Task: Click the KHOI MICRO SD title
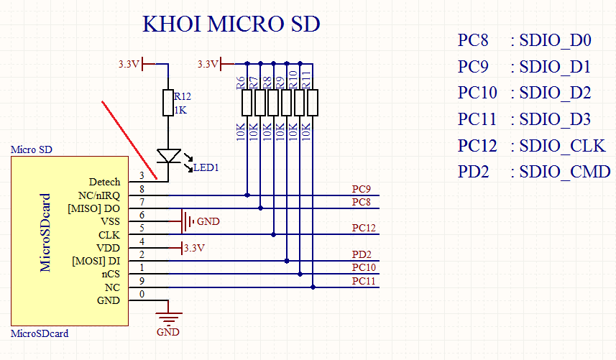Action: (231, 24)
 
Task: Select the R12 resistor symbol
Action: (168, 103)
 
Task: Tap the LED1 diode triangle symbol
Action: (169, 156)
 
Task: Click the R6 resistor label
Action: (240, 83)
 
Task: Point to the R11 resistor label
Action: (306, 80)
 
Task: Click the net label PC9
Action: (362, 189)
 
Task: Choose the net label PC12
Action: (364, 228)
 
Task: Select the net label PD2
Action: (362, 254)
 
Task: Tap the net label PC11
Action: (364, 281)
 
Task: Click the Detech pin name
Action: (104, 182)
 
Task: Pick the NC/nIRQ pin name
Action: (99, 195)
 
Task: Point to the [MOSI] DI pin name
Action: (96, 261)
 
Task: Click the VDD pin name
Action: (108, 248)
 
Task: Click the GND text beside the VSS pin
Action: (208, 221)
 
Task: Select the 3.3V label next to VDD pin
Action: (195, 248)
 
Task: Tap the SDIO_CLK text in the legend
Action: (562, 146)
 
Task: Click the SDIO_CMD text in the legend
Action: (565, 172)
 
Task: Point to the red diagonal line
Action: (129, 140)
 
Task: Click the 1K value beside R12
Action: (180, 110)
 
